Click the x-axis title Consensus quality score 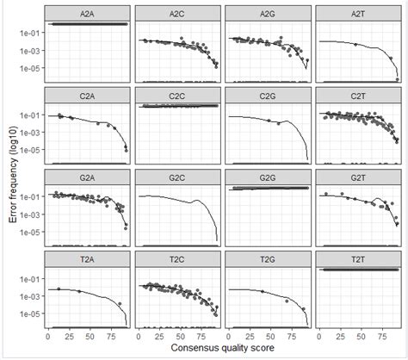click(x=222, y=349)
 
